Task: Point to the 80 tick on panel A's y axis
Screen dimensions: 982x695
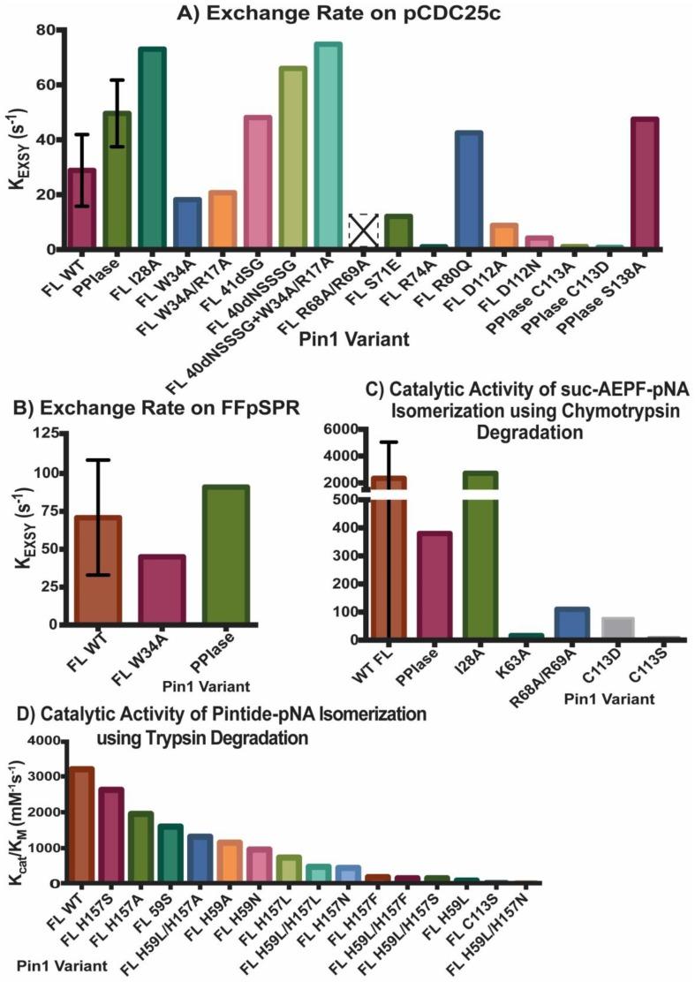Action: click(x=44, y=30)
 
